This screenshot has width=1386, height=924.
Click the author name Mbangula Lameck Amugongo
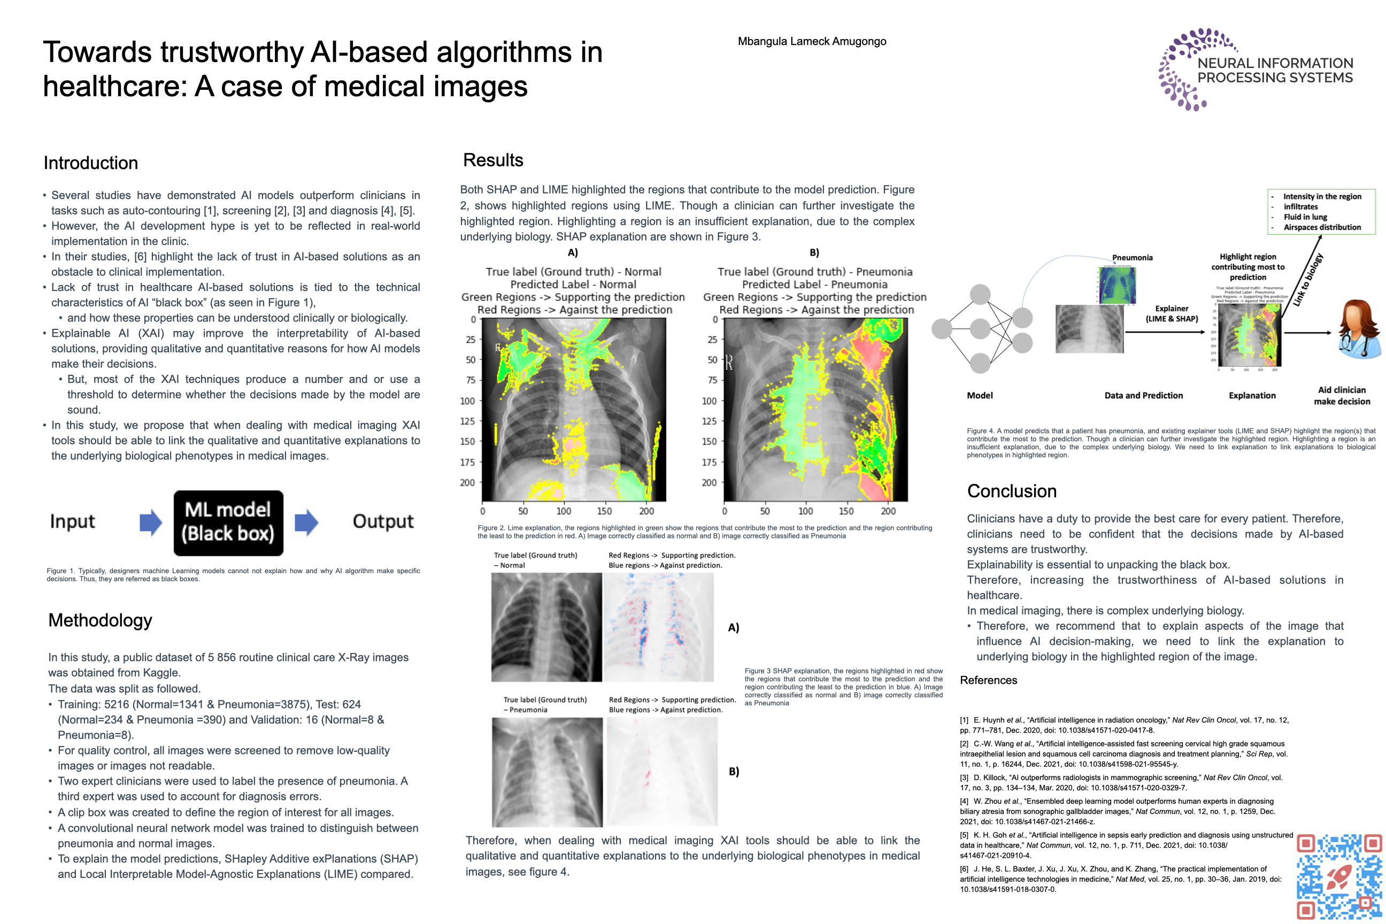coord(812,41)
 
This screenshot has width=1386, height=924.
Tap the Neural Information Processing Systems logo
coord(1255,70)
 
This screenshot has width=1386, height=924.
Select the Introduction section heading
coord(91,163)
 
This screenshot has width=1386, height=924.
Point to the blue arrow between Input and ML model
coord(150,522)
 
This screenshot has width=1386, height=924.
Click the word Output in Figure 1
coord(383,521)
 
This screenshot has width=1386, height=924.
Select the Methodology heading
coord(100,620)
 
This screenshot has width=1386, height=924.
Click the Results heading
coord(492,160)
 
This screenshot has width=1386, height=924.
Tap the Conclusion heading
coord(1011,491)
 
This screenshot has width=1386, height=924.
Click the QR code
coord(1339,876)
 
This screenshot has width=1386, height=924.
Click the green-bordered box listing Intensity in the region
coord(1321,212)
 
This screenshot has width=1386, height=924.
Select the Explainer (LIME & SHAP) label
coord(1172,313)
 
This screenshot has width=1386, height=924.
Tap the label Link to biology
coord(1308,280)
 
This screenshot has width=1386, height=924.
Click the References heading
coord(988,680)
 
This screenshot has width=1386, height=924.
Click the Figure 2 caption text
coord(704,532)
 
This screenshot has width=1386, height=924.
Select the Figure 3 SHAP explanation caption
coord(843,687)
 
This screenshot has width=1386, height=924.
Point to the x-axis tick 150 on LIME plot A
coord(605,511)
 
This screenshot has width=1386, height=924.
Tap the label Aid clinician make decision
coord(1342,395)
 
